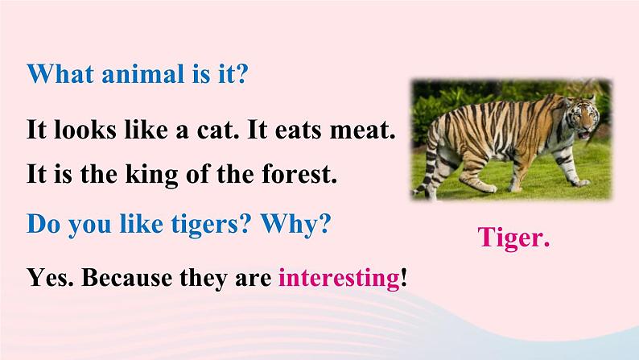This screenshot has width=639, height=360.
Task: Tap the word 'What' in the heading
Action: tap(60, 74)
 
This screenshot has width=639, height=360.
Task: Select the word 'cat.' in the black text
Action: tap(218, 130)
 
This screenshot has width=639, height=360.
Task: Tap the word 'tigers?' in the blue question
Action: tap(210, 225)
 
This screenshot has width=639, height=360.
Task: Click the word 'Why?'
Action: tap(295, 225)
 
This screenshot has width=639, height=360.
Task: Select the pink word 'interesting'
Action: tap(339, 279)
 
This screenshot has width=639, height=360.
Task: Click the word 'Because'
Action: tap(126, 278)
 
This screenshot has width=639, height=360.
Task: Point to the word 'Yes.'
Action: tap(51, 278)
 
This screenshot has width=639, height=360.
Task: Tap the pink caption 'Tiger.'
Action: tap(513, 238)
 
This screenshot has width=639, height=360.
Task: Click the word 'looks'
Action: tap(85, 130)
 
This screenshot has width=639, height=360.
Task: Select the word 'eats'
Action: tap(299, 130)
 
